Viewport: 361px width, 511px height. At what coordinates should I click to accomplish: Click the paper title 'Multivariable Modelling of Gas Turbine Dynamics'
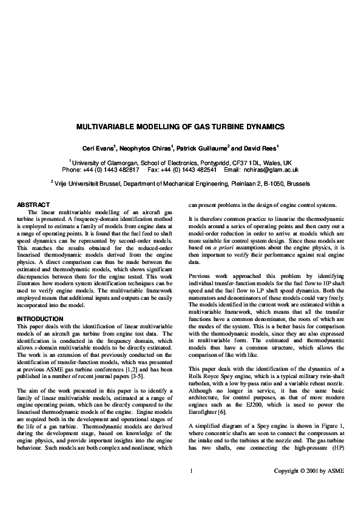(180, 128)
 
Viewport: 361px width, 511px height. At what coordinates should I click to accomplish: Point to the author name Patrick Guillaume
(204, 148)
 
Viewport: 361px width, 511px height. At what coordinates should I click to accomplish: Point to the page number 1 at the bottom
(191, 487)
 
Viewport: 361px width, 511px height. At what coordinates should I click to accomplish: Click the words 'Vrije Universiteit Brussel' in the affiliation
(89, 182)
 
